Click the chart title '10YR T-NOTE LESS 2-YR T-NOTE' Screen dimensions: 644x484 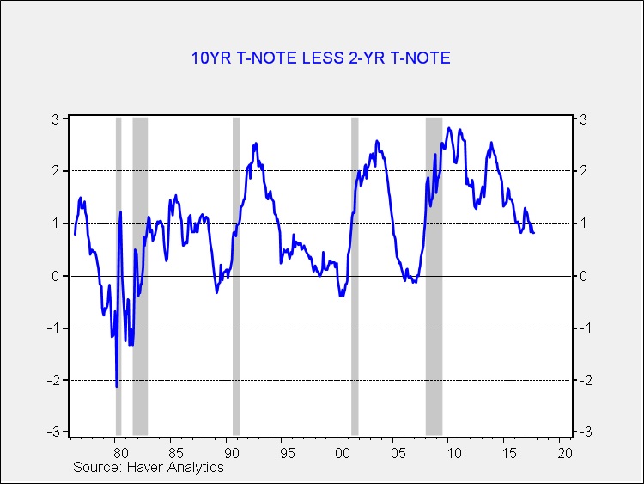(x=321, y=58)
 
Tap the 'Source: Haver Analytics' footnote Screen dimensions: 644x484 (x=149, y=467)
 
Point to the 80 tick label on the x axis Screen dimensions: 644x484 (x=120, y=453)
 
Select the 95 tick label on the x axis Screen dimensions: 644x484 (x=287, y=453)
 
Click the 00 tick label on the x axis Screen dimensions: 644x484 (x=342, y=453)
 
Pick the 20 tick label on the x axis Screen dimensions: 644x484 (x=565, y=453)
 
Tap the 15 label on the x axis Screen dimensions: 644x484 (x=509, y=453)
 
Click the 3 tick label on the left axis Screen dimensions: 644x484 (x=56, y=119)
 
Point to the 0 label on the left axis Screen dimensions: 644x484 (x=56, y=276)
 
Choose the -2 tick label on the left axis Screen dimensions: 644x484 (x=53, y=380)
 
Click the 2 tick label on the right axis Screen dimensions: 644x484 (x=583, y=170)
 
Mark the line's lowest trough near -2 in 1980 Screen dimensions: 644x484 (x=117, y=387)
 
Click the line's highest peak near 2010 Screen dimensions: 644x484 (x=449, y=128)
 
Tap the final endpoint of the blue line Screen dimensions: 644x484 (x=533, y=233)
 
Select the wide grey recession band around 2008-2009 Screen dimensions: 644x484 (x=434, y=276)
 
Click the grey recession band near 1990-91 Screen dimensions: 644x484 (x=236, y=276)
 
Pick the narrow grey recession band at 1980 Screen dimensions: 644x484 (x=118, y=276)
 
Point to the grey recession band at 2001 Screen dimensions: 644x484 (x=355, y=276)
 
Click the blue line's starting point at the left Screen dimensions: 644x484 (x=75, y=235)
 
